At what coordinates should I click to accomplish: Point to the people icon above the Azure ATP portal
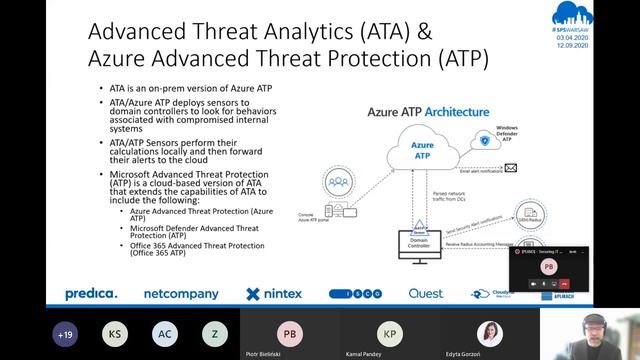[x=342, y=184]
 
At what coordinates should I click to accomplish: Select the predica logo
[x=91, y=294]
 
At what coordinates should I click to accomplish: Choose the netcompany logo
[x=181, y=294]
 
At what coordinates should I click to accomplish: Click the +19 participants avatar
[x=67, y=334]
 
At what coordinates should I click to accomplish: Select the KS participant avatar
[x=116, y=334]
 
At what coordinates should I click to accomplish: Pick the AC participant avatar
[x=166, y=334]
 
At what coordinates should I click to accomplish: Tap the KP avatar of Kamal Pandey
[x=390, y=333]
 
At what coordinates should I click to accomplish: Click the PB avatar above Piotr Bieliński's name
[x=290, y=333]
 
